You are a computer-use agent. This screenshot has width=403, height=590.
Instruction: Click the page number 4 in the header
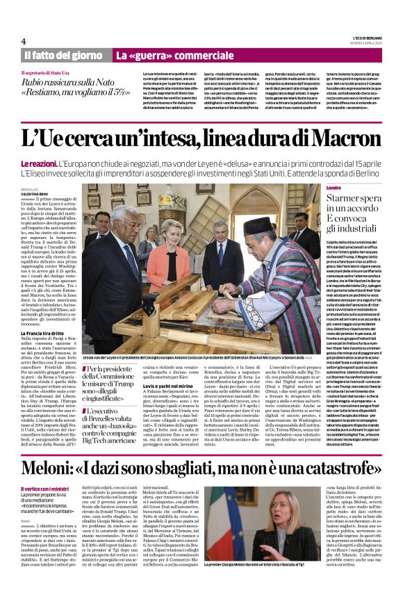click(24, 41)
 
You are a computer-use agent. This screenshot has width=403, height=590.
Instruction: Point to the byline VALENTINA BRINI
click(35, 193)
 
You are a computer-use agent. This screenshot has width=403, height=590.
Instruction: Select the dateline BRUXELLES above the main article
click(30, 188)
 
